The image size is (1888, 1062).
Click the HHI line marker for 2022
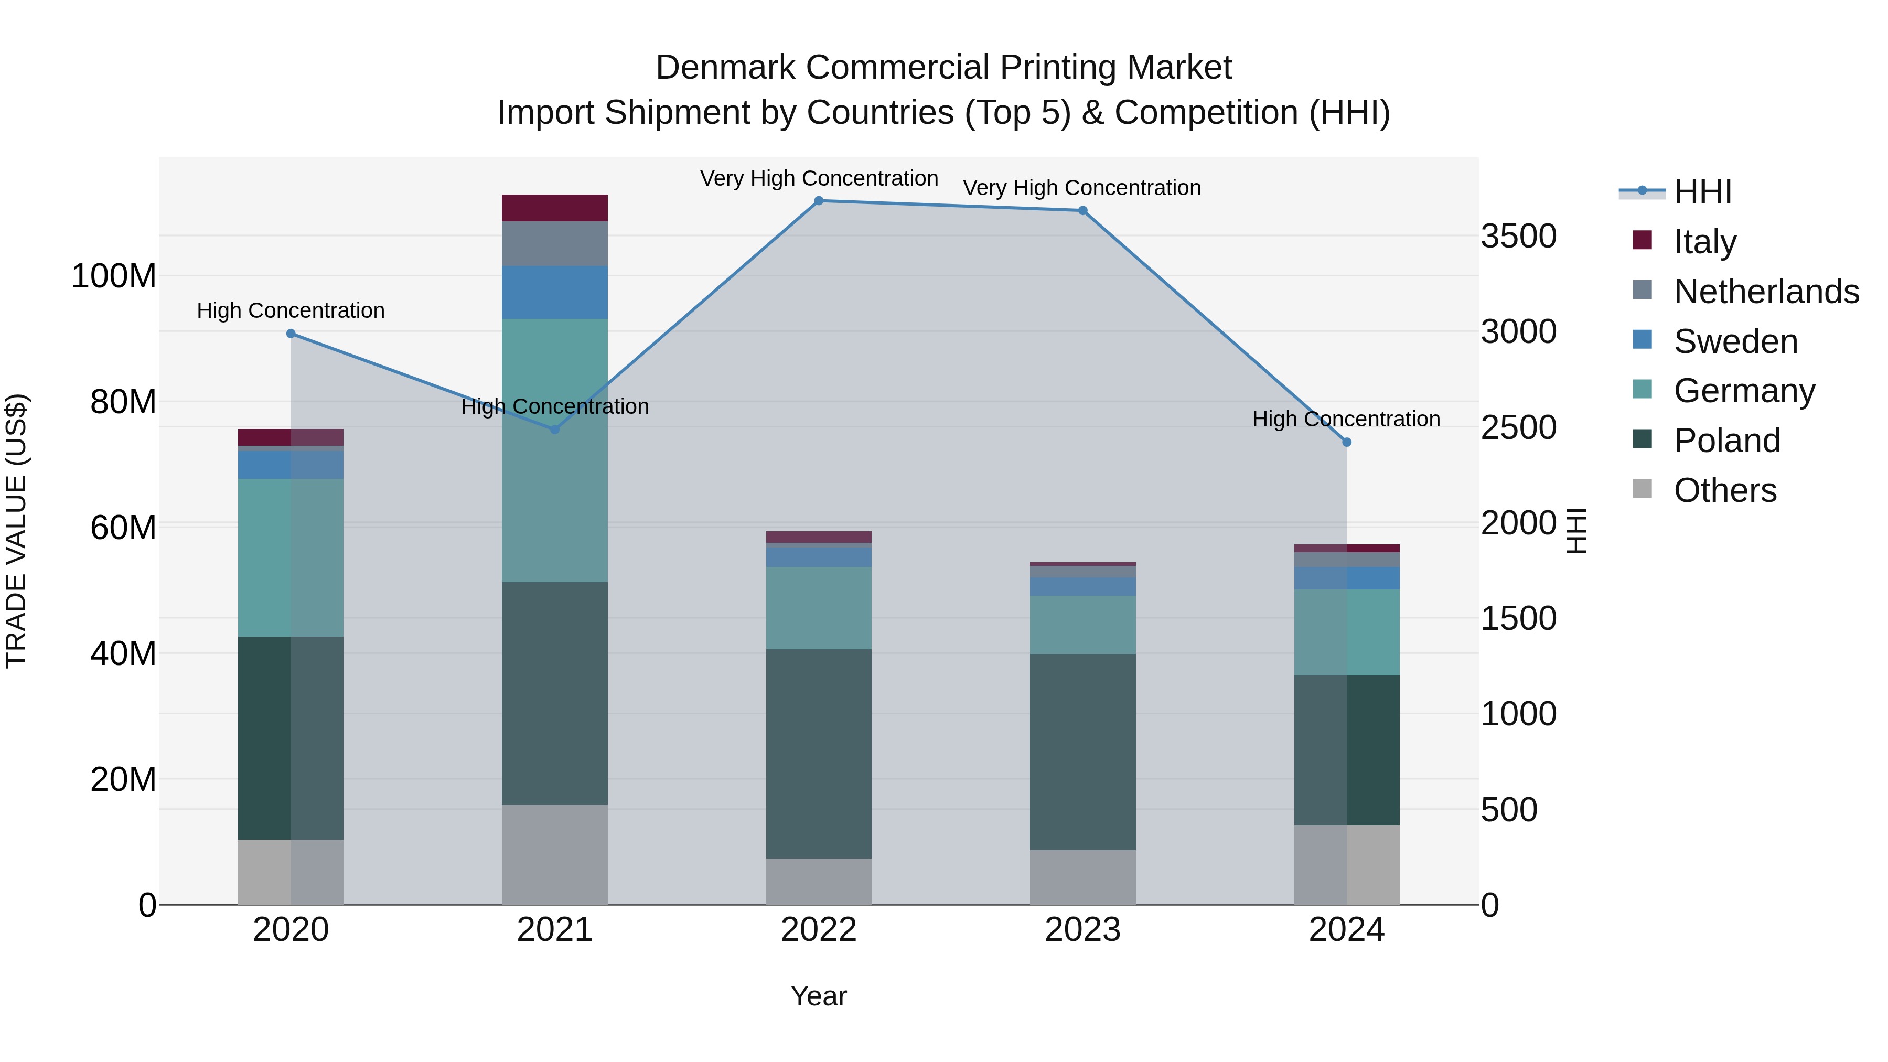click(x=819, y=200)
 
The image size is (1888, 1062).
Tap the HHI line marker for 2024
click(x=1346, y=442)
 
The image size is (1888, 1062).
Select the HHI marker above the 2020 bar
click(x=291, y=334)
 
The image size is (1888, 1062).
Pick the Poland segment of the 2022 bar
click(x=819, y=754)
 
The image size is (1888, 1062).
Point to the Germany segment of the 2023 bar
click(x=1082, y=625)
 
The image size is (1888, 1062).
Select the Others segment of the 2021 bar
click(x=555, y=855)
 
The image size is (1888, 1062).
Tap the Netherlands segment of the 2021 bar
click(x=555, y=243)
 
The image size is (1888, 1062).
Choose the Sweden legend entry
click(x=1735, y=341)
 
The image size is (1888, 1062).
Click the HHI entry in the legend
click(x=1702, y=192)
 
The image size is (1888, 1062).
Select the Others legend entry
click(x=1724, y=490)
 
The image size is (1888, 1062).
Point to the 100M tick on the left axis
click(x=114, y=276)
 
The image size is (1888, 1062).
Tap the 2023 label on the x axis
click(x=1082, y=930)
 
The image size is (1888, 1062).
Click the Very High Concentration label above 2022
click(x=819, y=178)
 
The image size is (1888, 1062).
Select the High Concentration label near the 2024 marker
click(x=1346, y=419)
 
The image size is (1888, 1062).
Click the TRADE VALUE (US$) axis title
click(x=16, y=531)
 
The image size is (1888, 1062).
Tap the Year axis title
click(x=819, y=996)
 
